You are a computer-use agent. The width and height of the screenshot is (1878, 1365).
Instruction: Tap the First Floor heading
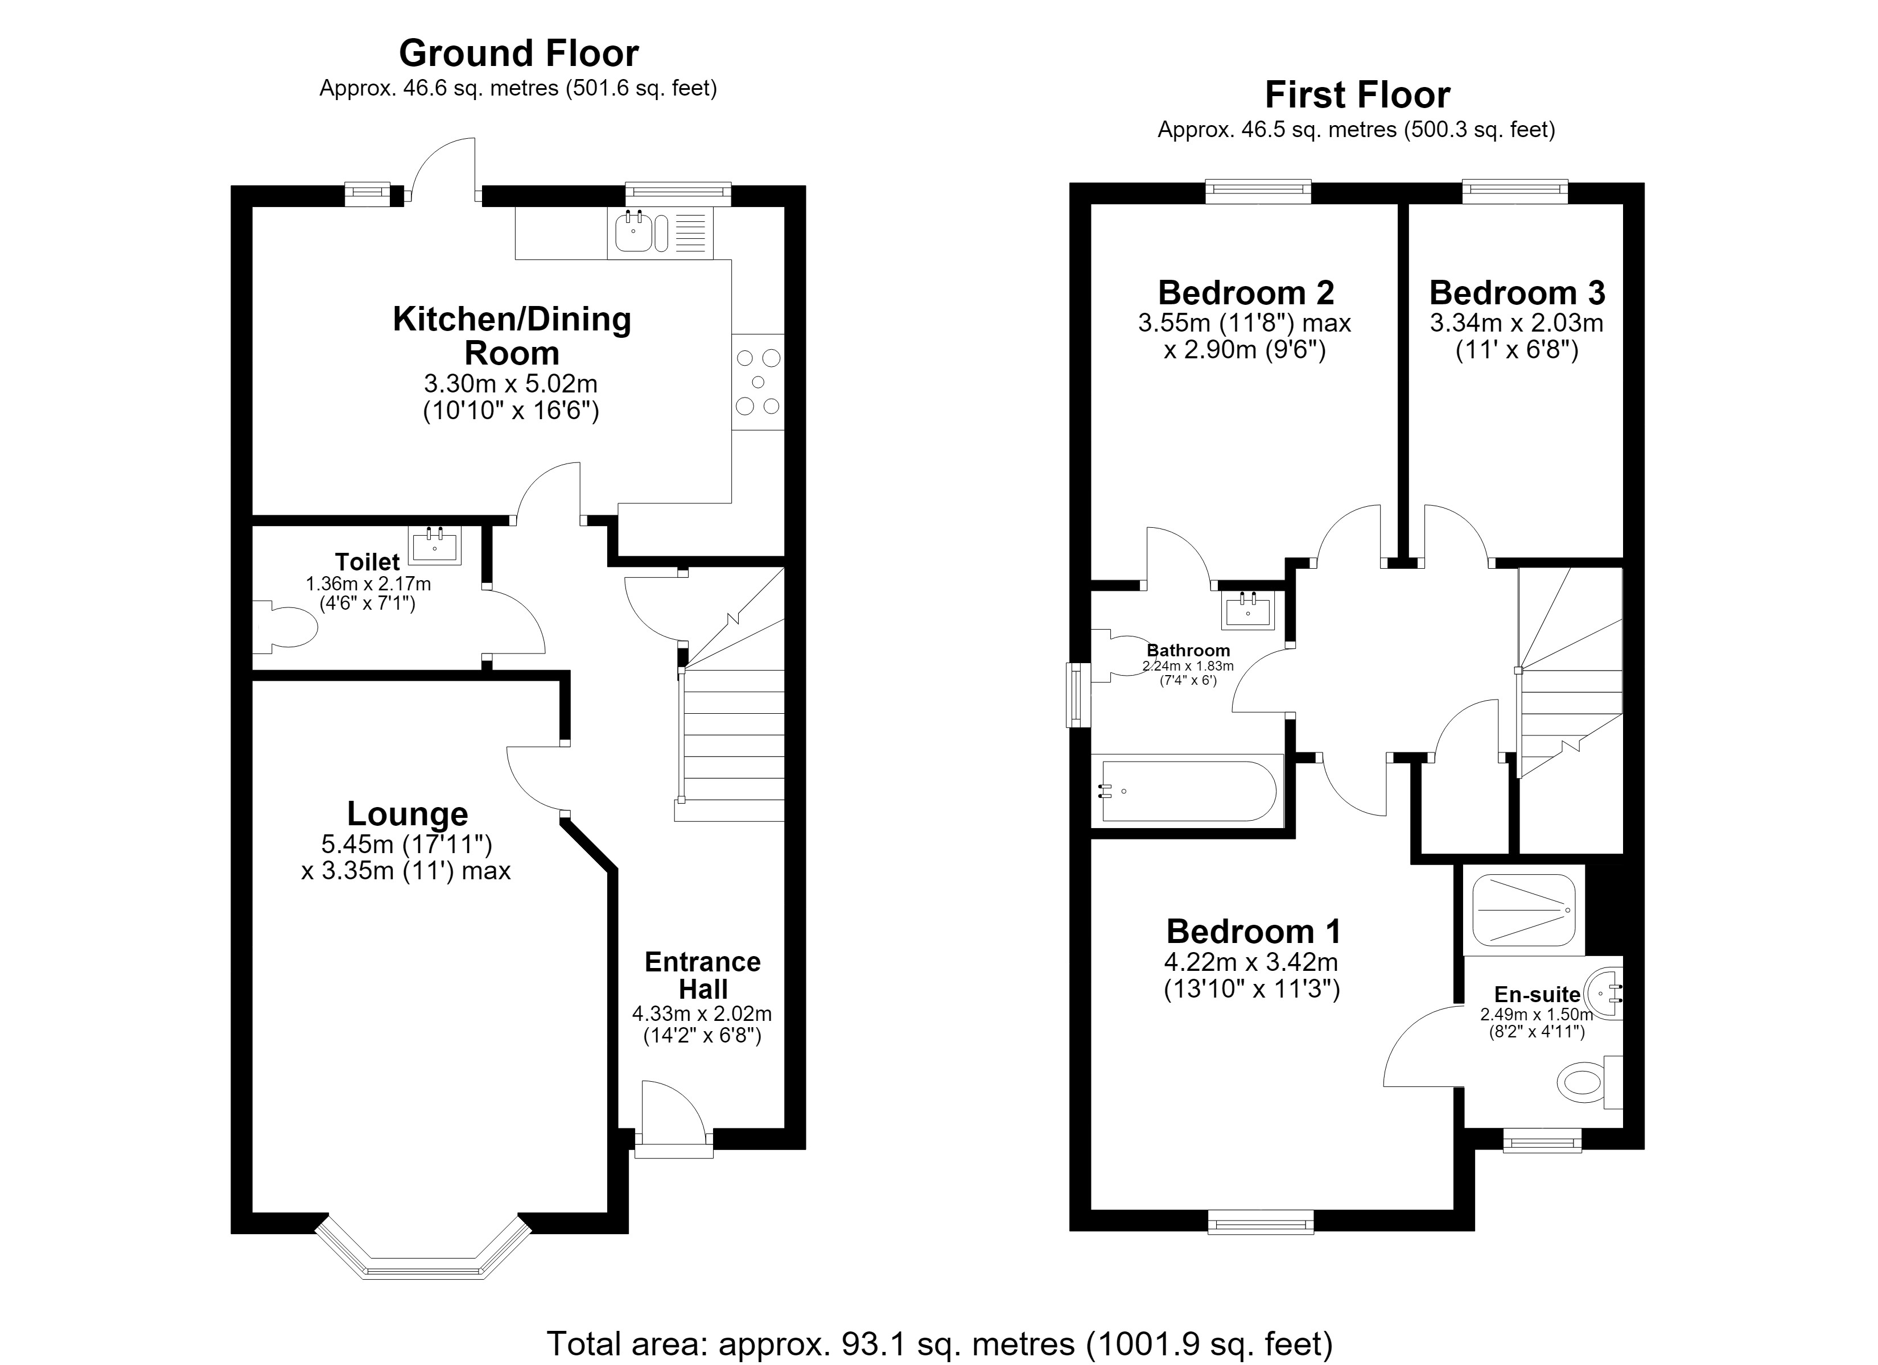click(1357, 95)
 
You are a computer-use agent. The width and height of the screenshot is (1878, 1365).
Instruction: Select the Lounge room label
click(407, 814)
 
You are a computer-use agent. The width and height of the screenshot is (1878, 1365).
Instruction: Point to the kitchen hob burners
click(757, 382)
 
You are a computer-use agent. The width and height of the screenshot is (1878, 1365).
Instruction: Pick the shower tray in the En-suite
click(1523, 910)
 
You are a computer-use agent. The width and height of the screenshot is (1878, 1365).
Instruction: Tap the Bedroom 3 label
click(1517, 293)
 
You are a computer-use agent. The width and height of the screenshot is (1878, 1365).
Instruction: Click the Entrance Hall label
click(703, 975)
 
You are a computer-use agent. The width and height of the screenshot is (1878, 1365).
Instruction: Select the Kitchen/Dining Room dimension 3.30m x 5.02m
click(511, 384)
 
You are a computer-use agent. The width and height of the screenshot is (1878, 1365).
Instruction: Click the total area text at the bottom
click(940, 1343)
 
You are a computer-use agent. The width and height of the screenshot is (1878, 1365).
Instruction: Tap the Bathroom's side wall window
click(1078, 694)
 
